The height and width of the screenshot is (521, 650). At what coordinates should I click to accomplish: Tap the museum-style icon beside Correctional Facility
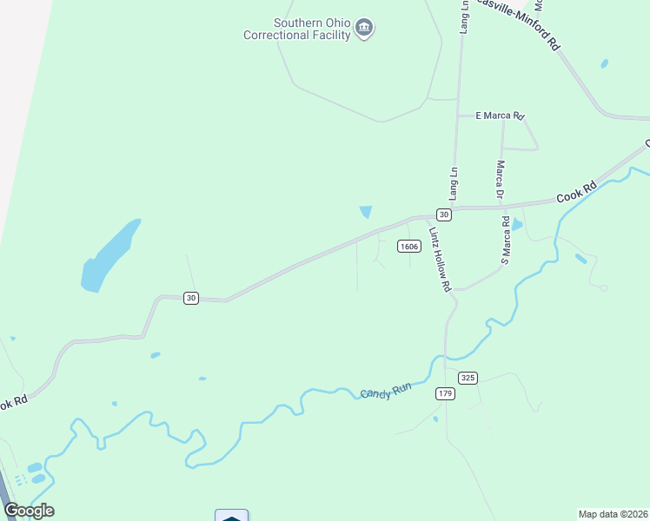[365, 30]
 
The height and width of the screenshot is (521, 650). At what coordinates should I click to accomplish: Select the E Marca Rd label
[500, 115]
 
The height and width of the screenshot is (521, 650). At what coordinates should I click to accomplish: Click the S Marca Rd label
[504, 241]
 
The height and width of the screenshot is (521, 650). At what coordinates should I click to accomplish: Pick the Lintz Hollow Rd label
[441, 260]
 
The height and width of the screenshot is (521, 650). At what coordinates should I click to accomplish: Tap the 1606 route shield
[409, 246]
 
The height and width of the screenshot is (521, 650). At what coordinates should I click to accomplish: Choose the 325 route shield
[468, 378]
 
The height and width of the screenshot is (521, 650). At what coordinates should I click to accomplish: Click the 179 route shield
[445, 393]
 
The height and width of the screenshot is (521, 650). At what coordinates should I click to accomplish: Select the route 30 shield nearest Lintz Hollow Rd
[443, 214]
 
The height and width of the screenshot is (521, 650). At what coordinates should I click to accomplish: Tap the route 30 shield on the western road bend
[191, 298]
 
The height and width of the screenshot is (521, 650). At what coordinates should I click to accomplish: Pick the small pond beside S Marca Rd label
[518, 225]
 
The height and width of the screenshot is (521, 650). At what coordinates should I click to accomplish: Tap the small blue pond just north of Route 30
[366, 212]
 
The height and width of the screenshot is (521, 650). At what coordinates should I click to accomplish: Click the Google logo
[29, 510]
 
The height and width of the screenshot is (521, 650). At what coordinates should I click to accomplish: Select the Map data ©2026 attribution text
[613, 513]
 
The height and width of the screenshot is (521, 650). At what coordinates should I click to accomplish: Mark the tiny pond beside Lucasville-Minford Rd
[604, 63]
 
